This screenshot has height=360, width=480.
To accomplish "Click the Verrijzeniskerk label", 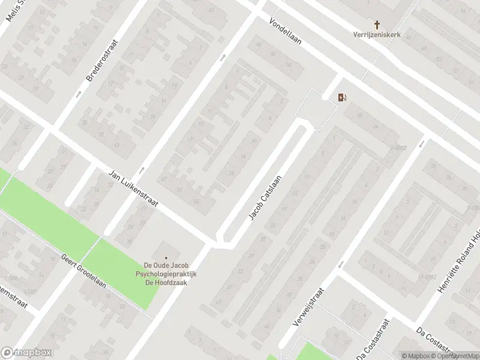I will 377,34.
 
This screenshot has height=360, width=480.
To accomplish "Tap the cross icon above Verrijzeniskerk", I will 377,25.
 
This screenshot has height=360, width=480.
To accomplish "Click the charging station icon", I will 342,97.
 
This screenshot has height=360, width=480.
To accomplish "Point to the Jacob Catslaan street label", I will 266,197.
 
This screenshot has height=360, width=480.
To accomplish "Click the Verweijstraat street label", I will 308,307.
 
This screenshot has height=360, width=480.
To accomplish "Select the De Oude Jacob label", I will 166,266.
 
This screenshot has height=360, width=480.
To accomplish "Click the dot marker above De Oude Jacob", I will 166,258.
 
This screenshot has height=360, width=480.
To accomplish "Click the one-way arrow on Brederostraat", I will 79,94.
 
